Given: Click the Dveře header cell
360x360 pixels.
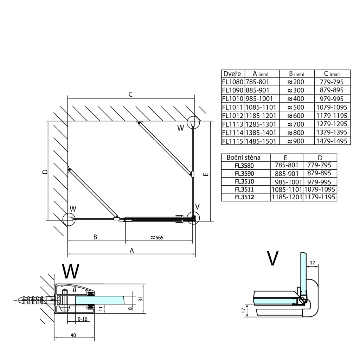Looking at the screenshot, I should (x=232, y=74).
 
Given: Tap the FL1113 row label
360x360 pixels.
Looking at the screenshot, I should (x=232, y=124).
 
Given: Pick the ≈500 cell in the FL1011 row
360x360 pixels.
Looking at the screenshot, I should (x=296, y=107).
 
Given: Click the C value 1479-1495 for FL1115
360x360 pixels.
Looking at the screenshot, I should (x=332, y=141).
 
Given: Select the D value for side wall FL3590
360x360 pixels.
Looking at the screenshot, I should (x=320, y=173).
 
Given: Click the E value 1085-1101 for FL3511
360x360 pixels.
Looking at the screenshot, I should (x=287, y=189).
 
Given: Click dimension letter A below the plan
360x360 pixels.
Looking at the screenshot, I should (x=132, y=250).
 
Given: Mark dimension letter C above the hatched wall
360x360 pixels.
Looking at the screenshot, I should (x=130, y=94).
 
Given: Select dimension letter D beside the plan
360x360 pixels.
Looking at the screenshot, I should (x=44, y=172).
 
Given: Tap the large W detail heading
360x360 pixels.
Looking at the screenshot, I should (x=71, y=271).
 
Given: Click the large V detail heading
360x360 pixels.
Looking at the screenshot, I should (x=273, y=258).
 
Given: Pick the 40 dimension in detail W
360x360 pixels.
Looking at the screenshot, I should (x=73, y=335).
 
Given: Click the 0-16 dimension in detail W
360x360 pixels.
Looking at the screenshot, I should (x=83, y=319).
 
